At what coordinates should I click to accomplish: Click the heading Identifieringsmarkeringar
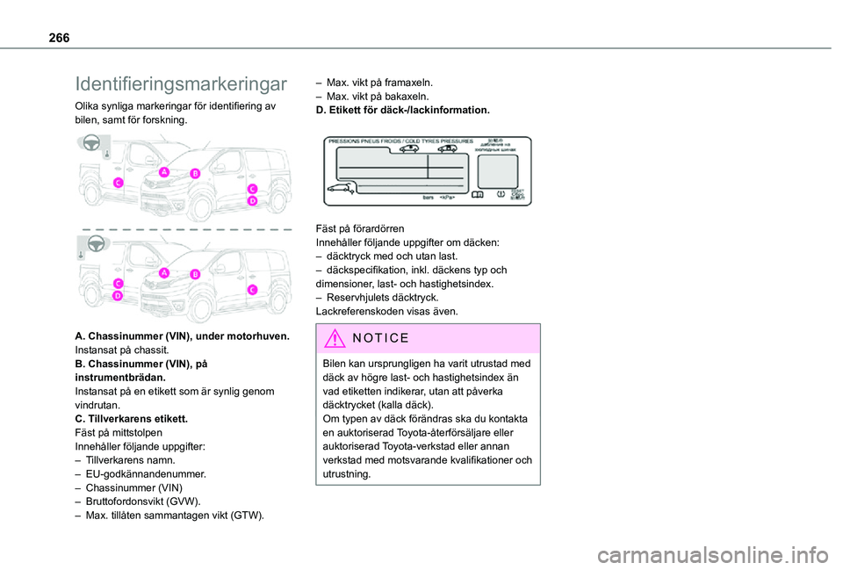(181, 84)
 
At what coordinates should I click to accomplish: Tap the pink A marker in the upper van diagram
(163, 173)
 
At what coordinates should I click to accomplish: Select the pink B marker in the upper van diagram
(195, 174)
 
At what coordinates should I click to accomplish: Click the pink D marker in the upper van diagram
(252, 201)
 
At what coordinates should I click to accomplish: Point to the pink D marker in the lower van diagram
(117, 296)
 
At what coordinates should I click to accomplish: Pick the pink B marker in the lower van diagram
(195, 274)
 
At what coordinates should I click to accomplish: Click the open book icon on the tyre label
(476, 195)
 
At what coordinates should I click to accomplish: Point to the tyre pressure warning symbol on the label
(500, 195)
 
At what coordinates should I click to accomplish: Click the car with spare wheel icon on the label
(341, 187)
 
